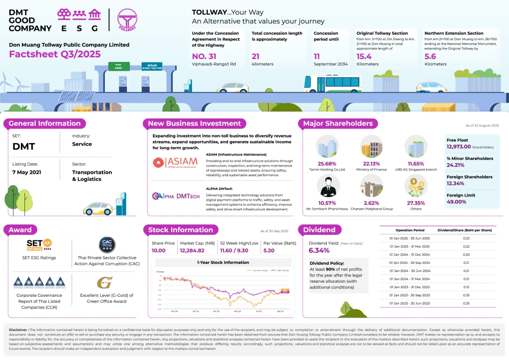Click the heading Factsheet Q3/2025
coord(54,54)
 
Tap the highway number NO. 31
coord(204,56)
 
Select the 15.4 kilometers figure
coord(364,56)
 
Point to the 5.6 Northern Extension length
coord(430,56)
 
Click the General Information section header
coord(45,123)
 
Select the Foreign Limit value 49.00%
coord(457,202)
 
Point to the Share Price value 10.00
coord(159,251)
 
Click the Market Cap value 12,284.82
coord(192,251)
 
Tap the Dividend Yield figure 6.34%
coord(319,251)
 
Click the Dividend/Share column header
coord(466,230)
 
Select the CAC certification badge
coord(107,245)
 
